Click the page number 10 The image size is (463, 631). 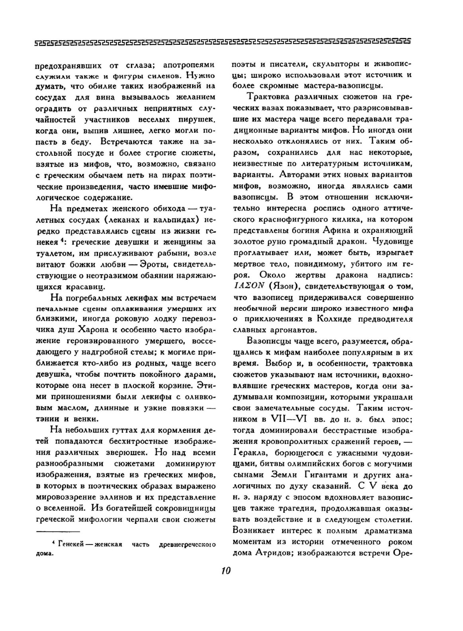point(225,570)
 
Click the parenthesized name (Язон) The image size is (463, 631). point(287,286)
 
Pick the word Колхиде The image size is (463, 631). point(337,319)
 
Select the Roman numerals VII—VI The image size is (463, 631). point(290,419)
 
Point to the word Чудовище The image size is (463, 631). point(393,241)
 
